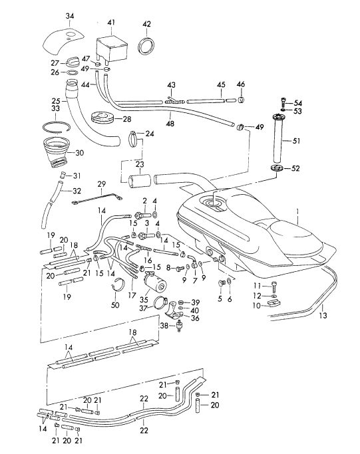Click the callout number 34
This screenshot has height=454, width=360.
pos(70,16)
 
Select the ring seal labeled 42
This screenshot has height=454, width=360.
pos(146,45)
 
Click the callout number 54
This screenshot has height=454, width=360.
pos(297,103)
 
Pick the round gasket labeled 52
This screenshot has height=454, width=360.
pos(277,168)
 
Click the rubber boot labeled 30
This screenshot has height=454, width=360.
pos(57,153)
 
